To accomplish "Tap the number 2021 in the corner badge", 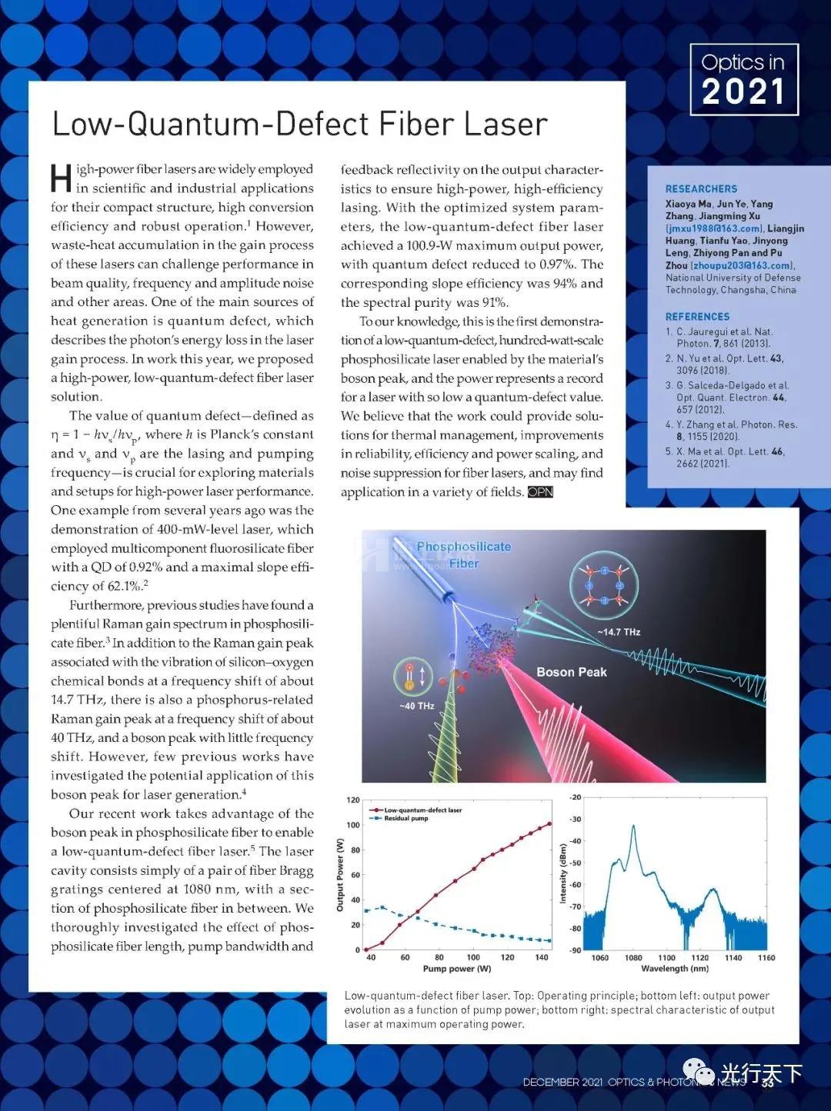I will pyautogui.click(x=743, y=92).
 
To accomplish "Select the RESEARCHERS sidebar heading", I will pyautogui.click(x=701, y=189).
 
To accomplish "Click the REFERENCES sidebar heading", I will pyautogui.click(x=697, y=317).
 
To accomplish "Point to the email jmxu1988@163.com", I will pyautogui.click(x=715, y=228).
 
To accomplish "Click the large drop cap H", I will pyautogui.click(x=61, y=179).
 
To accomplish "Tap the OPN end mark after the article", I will pyautogui.click(x=540, y=492).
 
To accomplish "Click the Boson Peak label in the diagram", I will pyautogui.click(x=571, y=672).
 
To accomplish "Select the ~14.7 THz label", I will pyautogui.click(x=619, y=632).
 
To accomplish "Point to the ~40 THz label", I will pyautogui.click(x=416, y=706).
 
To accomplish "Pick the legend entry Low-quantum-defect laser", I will pyautogui.click(x=422, y=810).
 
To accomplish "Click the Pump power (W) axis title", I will pyautogui.click(x=456, y=969).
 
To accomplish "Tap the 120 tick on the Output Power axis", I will pyautogui.click(x=353, y=800).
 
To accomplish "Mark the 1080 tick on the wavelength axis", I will pyautogui.click(x=633, y=958).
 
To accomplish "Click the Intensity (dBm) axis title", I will pyautogui.click(x=563, y=873).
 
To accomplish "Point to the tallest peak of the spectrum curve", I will pyautogui.click(x=633, y=827).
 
